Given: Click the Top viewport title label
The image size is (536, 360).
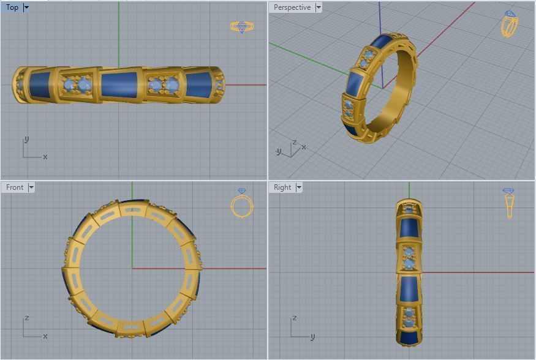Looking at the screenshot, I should pos(12,7).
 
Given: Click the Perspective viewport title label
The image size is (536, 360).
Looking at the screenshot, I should pos(292,7).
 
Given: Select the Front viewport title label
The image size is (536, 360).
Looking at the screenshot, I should pos(15,187).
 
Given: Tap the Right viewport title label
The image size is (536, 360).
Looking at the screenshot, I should pos(282,187).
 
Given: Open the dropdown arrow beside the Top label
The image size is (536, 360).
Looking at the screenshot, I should pos(26,7).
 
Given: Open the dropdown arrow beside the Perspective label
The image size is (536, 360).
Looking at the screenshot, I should pos(318,7).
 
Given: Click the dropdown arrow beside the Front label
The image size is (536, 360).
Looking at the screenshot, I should pos(31,187).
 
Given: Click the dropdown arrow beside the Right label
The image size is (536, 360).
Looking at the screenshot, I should pos(299,187).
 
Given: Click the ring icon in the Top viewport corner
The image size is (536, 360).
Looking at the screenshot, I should pos(241,26).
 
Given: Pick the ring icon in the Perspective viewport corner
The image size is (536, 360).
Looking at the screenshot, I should pos(510,24).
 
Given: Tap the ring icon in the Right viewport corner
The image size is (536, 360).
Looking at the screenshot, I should pos(509,203).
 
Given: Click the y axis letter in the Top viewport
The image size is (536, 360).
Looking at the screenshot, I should pos(26,140).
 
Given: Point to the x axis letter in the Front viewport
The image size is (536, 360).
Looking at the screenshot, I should pos(45,336).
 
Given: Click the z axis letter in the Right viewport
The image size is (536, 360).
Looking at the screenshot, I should pos(295,318).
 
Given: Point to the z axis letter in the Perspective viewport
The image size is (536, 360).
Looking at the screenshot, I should pos(295,142).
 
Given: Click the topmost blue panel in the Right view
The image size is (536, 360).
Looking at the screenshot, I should pos(409,228).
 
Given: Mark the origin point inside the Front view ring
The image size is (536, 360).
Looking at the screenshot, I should pos(132,268).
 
